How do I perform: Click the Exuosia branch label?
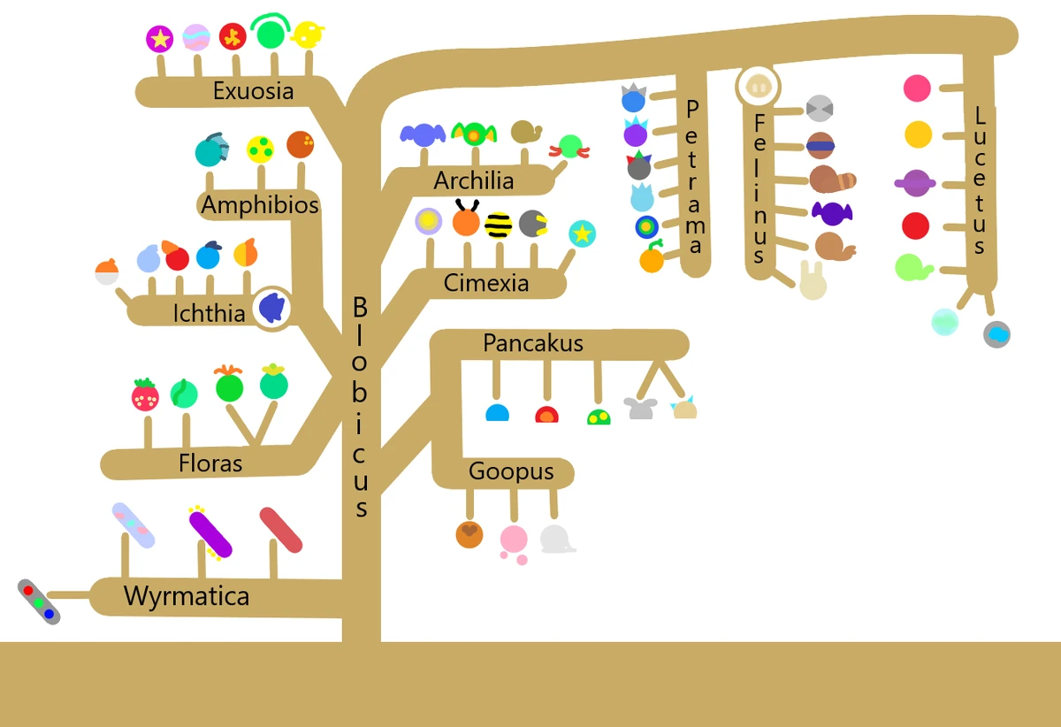click(253, 91)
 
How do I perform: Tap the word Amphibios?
click(260, 206)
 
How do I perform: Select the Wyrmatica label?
click(187, 596)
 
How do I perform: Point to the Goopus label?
click(511, 472)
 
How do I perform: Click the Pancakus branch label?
click(533, 344)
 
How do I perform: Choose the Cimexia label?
click(486, 284)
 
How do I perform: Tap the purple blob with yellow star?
click(159, 38)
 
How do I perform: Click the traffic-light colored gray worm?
click(39, 602)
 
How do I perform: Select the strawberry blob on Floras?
click(145, 396)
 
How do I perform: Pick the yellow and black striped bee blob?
click(499, 225)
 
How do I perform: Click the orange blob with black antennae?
click(465, 220)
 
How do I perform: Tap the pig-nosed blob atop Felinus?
click(758, 87)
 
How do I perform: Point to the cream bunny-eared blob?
click(813, 282)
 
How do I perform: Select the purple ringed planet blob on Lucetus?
click(916, 183)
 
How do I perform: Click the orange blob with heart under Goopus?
click(469, 534)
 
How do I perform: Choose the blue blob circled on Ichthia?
click(272, 309)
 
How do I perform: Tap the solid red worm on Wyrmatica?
click(281, 530)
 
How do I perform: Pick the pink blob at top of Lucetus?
click(917, 88)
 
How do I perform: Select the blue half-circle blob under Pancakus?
click(498, 413)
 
